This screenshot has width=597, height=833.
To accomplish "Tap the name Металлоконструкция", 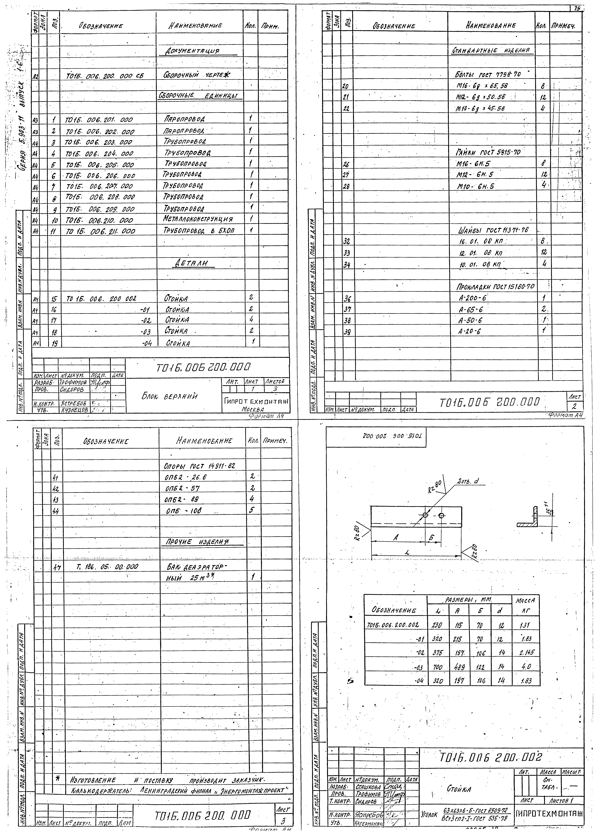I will pos(198,219).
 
